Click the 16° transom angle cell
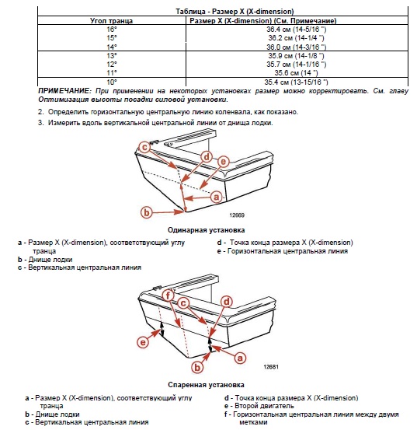pos(112,30)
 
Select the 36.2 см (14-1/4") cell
pos(296,38)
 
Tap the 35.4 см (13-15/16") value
pos(296,82)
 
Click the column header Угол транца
pos(112,20)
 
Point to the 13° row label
pos(112,56)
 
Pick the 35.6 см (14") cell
pos(296,73)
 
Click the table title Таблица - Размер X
pos(235,12)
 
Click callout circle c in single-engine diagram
pos(144,147)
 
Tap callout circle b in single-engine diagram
pos(147,212)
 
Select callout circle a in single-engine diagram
pos(217,197)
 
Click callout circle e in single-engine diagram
pos(223,162)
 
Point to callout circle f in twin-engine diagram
pos(168,295)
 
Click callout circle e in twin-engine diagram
pos(143,342)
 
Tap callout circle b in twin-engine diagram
pos(197,367)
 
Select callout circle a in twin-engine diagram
pos(240,358)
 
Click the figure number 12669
pos(237,215)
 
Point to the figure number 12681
pos(271,367)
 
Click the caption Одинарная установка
pos(207,230)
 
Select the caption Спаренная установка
pos(207,385)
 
